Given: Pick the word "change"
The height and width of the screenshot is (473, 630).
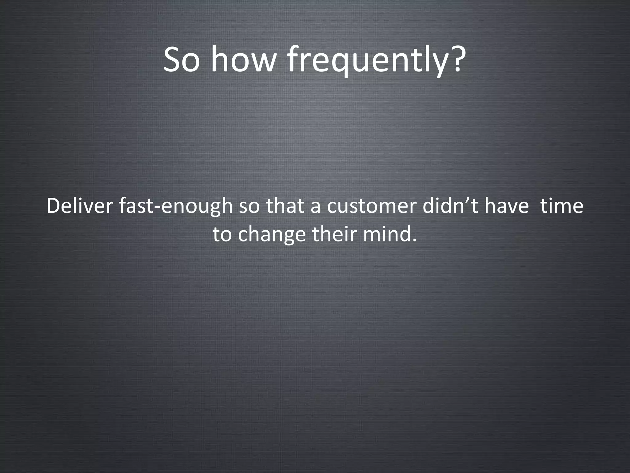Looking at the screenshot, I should pos(272,234).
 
